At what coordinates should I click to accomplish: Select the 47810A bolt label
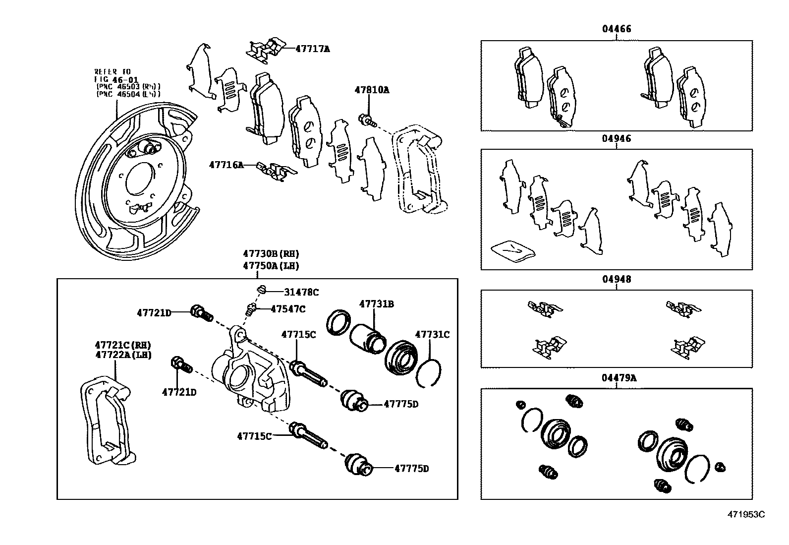pyautogui.click(x=371, y=90)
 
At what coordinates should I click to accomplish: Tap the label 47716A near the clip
pyautogui.click(x=226, y=165)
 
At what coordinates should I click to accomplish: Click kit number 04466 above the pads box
pyautogui.click(x=617, y=29)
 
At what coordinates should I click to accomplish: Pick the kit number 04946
pyautogui.click(x=617, y=138)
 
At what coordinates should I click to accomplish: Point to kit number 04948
pyautogui.click(x=617, y=279)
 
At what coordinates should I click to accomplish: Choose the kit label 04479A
pyautogui.click(x=619, y=378)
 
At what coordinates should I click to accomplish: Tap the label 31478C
pyautogui.click(x=301, y=292)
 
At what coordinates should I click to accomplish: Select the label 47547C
pyautogui.click(x=287, y=309)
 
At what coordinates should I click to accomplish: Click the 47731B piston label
pyautogui.click(x=376, y=303)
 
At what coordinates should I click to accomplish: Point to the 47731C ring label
pyautogui.click(x=432, y=335)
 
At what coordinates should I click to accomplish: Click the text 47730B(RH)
pyautogui.click(x=271, y=253)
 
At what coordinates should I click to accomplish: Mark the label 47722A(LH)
pyautogui.click(x=122, y=355)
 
